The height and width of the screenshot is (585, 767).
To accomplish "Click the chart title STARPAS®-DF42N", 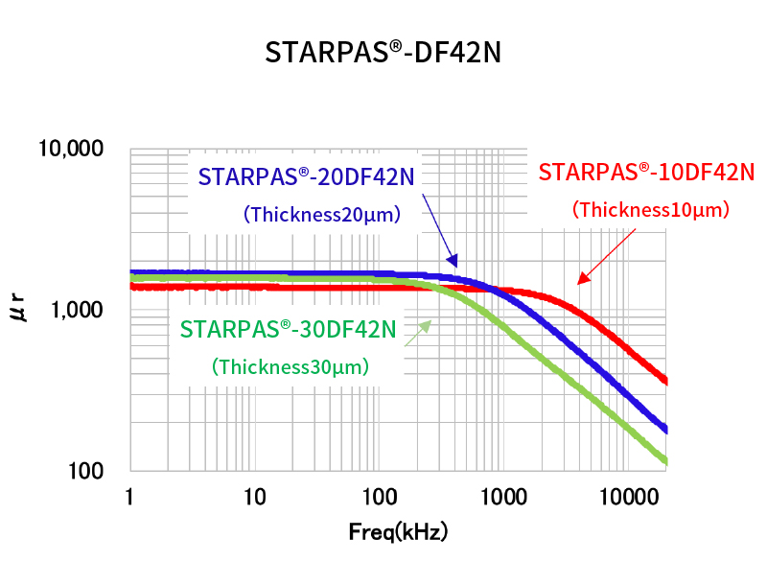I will (x=383, y=53).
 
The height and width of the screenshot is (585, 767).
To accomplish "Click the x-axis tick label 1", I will (x=129, y=497).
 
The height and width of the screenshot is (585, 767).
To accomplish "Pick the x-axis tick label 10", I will (x=254, y=497).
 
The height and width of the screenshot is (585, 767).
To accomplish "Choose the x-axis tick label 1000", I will (x=504, y=497).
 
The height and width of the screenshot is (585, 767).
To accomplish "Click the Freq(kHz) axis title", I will (x=398, y=530).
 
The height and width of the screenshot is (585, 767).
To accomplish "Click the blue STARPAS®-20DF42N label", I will (x=307, y=177).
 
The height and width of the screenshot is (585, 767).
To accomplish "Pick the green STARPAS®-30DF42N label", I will (x=288, y=329).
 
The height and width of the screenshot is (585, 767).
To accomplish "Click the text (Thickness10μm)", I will (x=651, y=209).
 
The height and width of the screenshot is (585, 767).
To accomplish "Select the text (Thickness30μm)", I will (x=291, y=366).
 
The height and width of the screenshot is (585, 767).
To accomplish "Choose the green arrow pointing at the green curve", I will (x=418, y=332).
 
